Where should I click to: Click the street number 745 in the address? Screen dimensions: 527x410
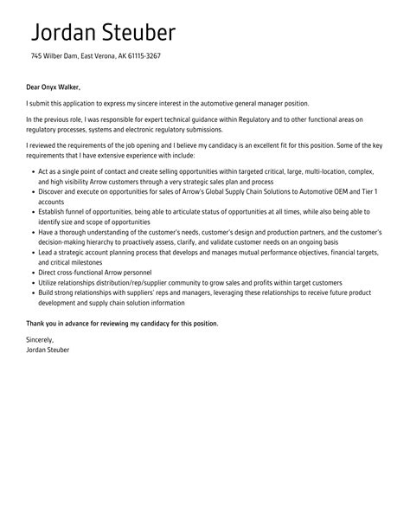point(36,56)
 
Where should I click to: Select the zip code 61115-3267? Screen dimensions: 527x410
point(142,56)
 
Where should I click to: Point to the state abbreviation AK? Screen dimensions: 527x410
point(117,56)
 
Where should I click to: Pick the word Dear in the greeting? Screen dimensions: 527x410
point(34,87)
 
